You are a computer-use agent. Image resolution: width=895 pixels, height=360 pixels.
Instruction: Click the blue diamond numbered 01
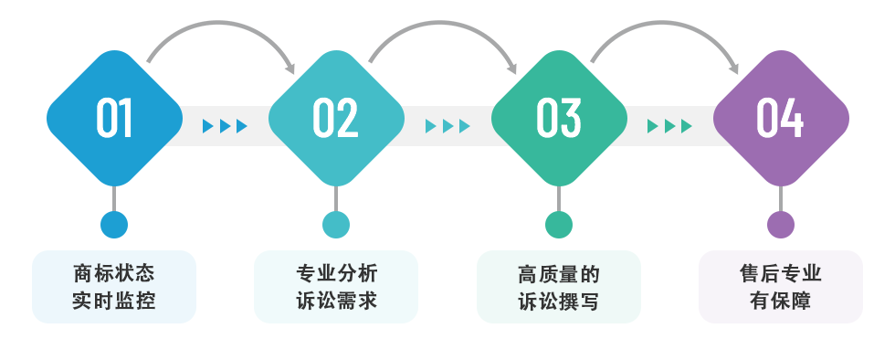(114, 118)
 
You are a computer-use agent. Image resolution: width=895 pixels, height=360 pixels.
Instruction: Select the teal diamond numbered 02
(336, 118)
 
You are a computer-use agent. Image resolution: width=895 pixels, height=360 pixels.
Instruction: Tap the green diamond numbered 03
(559, 118)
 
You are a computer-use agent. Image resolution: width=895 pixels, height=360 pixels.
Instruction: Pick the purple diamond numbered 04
(781, 118)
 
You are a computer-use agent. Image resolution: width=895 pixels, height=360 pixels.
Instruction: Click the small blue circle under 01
(114, 225)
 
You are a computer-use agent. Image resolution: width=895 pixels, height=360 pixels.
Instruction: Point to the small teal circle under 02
(336, 225)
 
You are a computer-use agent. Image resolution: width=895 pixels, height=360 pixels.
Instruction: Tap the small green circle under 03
(559, 225)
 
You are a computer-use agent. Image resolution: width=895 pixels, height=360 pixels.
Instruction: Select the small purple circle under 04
(781, 225)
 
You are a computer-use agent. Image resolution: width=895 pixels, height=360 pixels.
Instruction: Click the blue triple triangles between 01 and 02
(225, 126)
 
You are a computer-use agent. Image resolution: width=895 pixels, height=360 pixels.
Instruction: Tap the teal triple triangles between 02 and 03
(447, 126)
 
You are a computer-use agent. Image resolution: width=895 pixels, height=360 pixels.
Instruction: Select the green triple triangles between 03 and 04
(669, 126)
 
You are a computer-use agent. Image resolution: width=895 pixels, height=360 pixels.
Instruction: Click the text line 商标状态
(114, 273)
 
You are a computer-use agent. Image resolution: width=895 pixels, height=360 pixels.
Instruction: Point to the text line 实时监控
(114, 300)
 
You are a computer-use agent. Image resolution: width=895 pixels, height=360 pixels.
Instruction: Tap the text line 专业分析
(336, 273)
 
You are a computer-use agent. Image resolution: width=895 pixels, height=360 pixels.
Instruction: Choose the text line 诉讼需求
(336, 300)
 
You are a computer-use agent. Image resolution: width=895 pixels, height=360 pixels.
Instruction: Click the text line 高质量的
(559, 273)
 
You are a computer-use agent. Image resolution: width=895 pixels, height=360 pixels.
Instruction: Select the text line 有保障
(781, 300)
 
